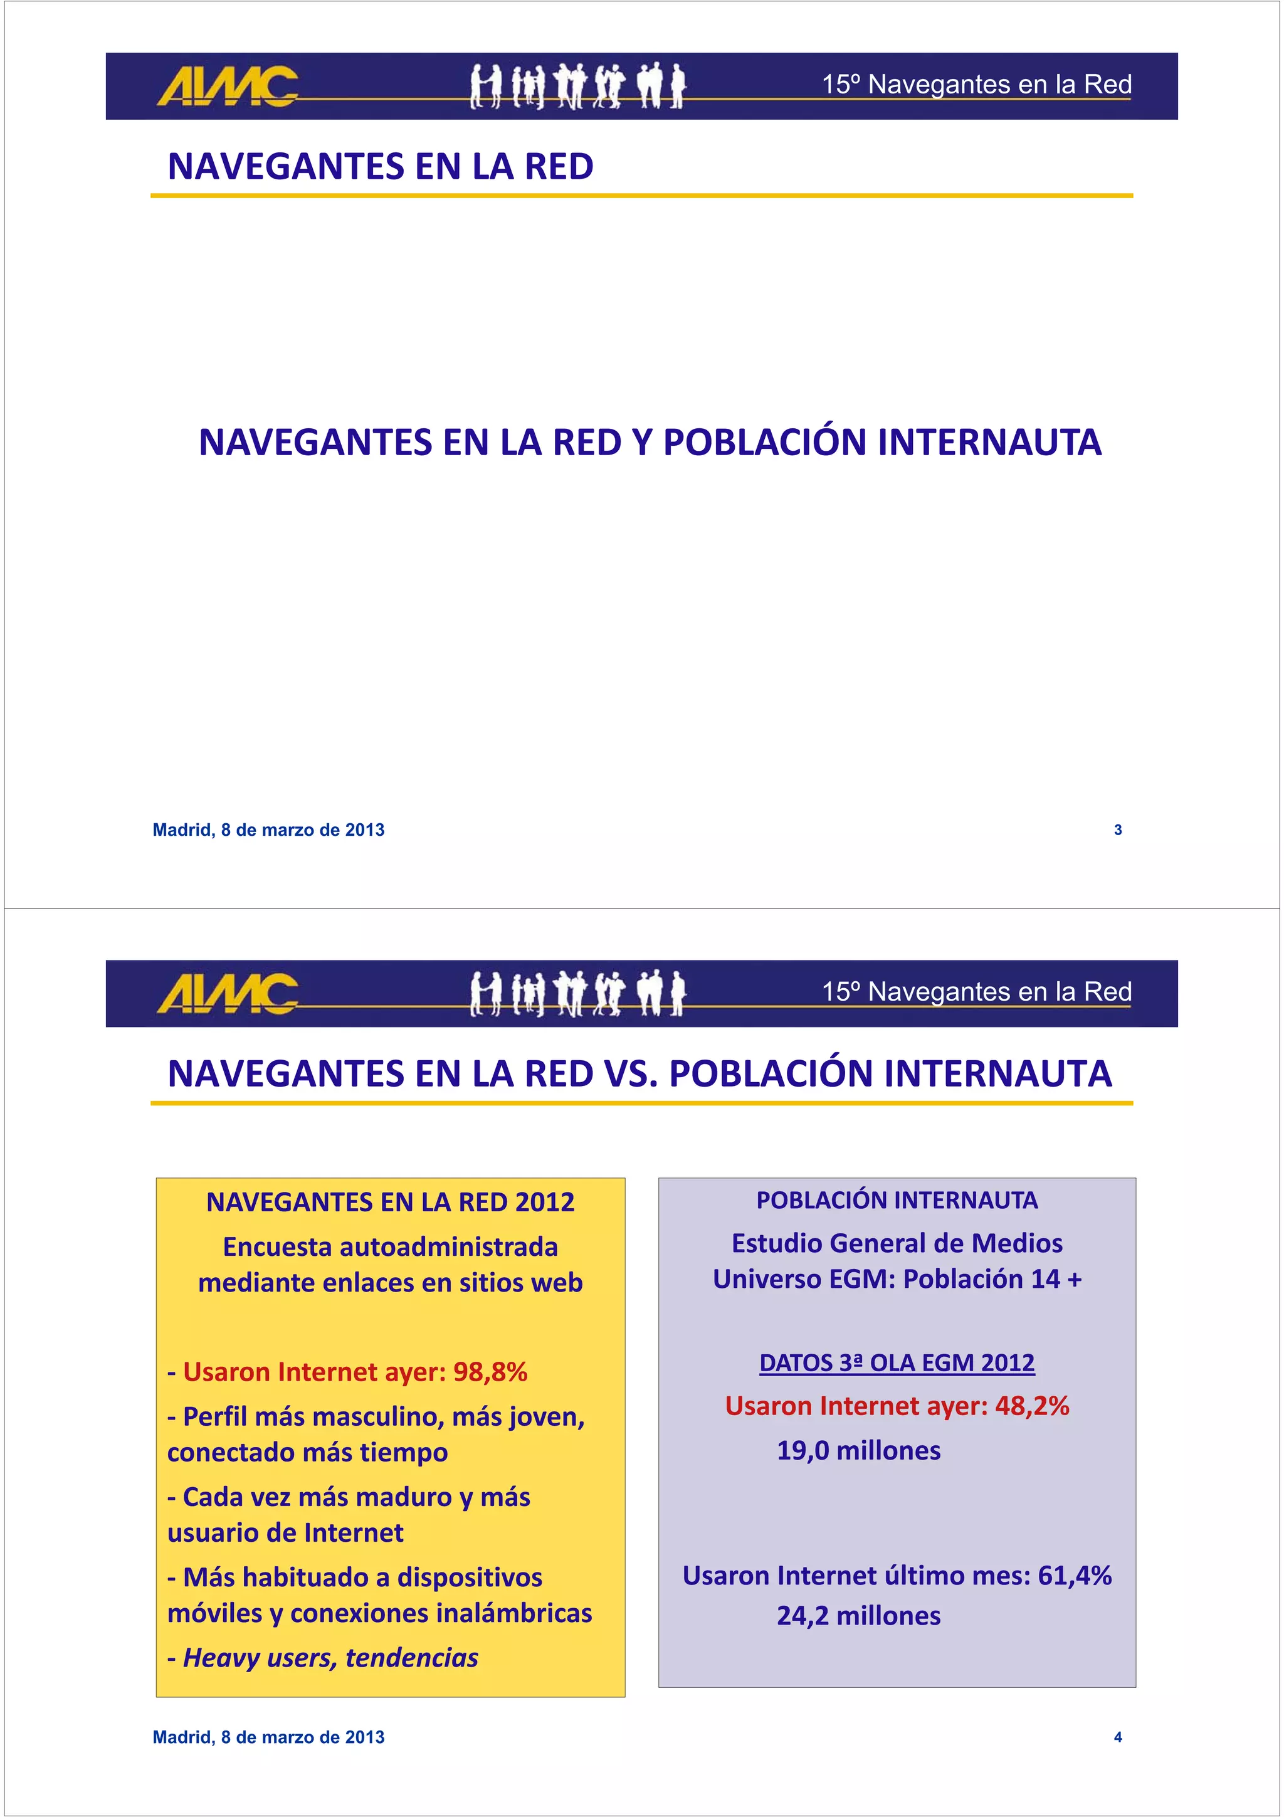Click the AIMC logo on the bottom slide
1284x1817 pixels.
[x=227, y=993]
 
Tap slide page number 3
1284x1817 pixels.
[x=1117, y=830]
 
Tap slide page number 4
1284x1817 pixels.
[x=1117, y=1737]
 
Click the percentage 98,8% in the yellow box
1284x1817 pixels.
[x=490, y=1371]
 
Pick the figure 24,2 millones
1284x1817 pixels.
[x=858, y=1615]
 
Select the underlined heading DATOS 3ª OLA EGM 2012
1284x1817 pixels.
[x=897, y=1363]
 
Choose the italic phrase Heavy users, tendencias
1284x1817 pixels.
[x=330, y=1657]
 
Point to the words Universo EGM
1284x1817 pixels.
[x=803, y=1279]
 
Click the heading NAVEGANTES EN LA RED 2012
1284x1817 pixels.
[x=390, y=1202]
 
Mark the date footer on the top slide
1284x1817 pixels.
[x=268, y=830]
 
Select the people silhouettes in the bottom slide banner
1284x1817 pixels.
[x=577, y=993]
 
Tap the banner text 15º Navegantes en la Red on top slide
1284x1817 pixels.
[x=976, y=84]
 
